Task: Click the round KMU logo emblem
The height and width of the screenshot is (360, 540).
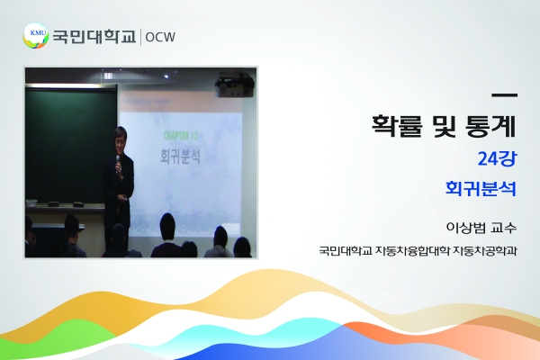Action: (36, 36)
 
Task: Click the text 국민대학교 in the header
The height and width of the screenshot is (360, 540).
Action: (94, 37)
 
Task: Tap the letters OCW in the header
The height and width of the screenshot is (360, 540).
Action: (160, 37)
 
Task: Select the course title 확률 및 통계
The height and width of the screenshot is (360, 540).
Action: (444, 126)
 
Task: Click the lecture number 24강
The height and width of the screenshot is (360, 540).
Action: (497, 158)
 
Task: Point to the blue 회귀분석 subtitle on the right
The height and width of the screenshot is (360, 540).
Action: (481, 188)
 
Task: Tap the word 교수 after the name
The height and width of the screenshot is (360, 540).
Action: (504, 228)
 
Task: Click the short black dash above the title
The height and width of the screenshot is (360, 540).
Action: (505, 94)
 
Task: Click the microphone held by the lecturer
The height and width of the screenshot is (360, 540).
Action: (118, 160)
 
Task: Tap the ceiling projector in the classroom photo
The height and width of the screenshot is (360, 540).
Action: (235, 84)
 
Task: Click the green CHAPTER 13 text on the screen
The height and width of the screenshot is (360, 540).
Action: (181, 136)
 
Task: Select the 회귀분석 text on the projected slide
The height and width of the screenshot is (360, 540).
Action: (180, 156)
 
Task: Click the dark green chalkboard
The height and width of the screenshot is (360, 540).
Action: (70, 146)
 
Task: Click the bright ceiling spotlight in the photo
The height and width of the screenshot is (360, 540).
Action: (166, 76)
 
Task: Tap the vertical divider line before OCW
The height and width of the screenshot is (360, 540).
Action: (140, 37)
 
